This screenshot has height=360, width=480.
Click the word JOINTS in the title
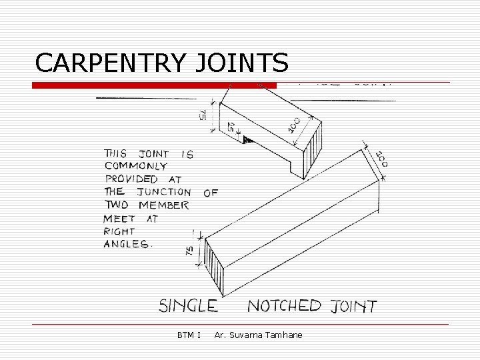coord(243,63)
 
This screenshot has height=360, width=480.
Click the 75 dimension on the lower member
coord(189,251)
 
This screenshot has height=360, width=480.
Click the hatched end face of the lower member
coord(215,267)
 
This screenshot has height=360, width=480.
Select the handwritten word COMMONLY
coord(136,166)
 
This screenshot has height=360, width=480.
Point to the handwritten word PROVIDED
coord(132,179)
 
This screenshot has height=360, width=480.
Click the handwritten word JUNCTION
coord(164,192)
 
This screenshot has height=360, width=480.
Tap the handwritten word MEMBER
coord(164,205)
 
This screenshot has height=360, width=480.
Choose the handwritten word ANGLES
coord(127,244)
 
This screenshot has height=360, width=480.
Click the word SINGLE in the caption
coord(188,306)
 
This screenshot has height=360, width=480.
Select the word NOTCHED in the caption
coord(284,306)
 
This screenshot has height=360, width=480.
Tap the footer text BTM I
coord(189,335)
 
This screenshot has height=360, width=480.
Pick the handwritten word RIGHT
coord(119,231)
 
